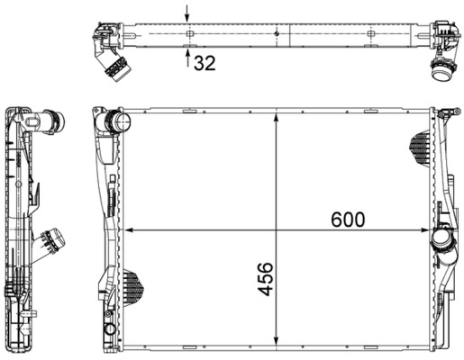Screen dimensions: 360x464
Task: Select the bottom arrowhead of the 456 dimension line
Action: [x=274, y=346]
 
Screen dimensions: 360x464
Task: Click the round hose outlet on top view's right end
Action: [x=442, y=71]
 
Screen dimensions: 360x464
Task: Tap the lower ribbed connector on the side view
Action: [x=51, y=242]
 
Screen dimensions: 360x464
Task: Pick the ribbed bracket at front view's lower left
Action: [x=132, y=285]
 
